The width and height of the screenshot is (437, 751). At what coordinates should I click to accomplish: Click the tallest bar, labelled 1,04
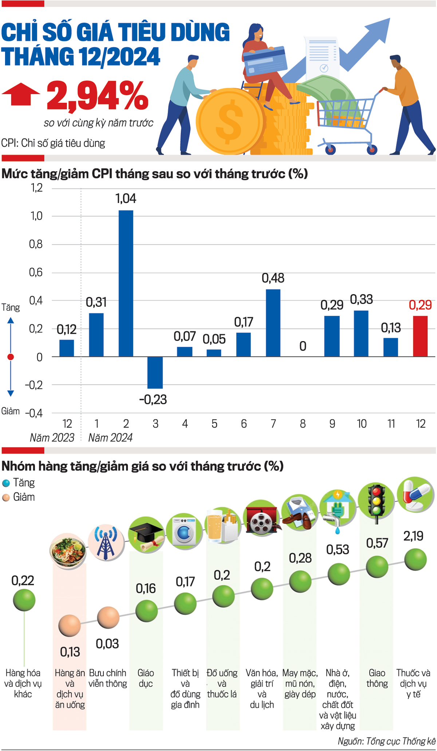tap(126, 283)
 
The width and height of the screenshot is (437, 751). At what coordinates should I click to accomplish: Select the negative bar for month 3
tap(155, 372)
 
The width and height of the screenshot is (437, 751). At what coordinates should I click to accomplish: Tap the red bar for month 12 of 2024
tap(420, 336)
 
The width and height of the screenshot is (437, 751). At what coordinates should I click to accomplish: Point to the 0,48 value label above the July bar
tap(273, 278)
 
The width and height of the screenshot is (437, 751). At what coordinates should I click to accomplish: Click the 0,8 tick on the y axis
tap(36, 244)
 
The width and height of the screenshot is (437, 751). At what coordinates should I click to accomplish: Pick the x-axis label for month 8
tap(303, 424)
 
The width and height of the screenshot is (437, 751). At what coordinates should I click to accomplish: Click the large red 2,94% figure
tap(97, 96)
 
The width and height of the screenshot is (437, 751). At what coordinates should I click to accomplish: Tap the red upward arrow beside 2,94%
tap(21, 94)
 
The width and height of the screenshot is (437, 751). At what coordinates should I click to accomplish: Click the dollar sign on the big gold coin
tap(229, 121)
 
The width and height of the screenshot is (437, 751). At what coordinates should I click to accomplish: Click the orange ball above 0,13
tap(70, 625)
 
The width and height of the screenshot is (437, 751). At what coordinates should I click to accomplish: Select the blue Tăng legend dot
tap(6, 483)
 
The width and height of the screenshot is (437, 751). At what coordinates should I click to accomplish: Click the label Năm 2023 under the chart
tap(52, 437)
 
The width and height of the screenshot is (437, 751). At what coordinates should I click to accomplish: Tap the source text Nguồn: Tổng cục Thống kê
tap(386, 741)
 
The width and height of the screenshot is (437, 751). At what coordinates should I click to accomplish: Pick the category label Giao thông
tap(377, 678)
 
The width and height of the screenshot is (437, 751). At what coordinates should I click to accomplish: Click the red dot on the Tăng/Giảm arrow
tap(11, 357)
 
